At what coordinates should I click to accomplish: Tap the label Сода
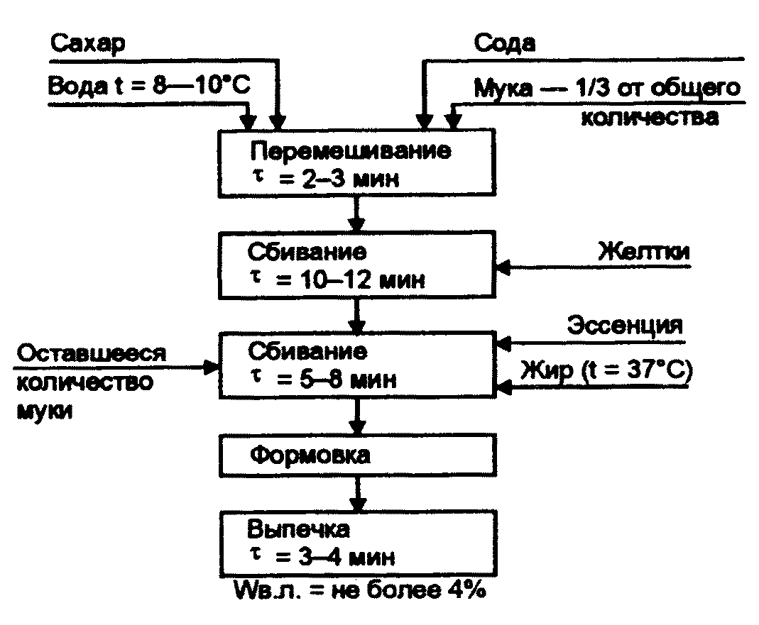pyautogui.click(x=505, y=43)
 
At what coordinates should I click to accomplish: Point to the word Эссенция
pyautogui.click(x=625, y=326)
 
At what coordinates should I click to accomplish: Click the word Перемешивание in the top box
pyautogui.click(x=351, y=151)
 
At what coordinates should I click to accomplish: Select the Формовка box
pyautogui.click(x=357, y=454)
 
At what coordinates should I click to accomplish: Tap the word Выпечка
pyautogui.click(x=298, y=530)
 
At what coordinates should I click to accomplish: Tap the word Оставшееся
pyautogui.click(x=89, y=353)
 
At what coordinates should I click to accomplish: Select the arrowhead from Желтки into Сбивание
pyautogui.click(x=503, y=268)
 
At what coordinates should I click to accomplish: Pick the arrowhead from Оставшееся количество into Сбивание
pyautogui.click(x=212, y=367)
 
